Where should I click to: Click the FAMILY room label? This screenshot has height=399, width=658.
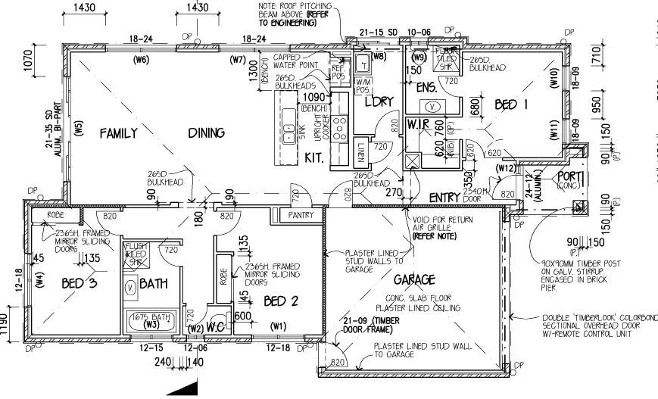pos(119,133)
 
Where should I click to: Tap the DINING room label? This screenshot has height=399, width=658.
pos(206,133)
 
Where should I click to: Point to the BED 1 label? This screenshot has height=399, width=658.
pos(511,104)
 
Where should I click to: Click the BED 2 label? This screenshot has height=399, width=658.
pos(281,301)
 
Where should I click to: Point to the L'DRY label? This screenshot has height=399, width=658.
pos(376,101)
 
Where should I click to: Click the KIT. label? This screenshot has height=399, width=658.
pos(314,159)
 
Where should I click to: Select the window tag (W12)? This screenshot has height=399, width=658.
pos(505,167)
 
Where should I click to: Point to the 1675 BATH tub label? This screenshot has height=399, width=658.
pos(149,317)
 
